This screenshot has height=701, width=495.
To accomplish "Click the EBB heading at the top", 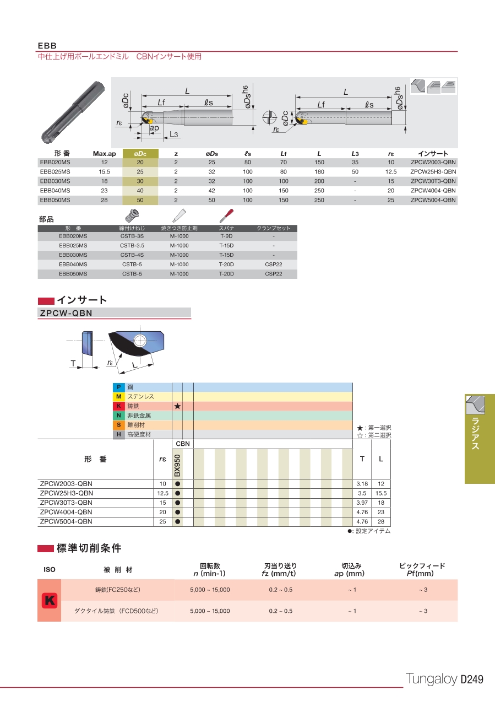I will tap(47, 45).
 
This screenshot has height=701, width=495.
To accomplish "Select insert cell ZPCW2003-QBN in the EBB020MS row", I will tap(433, 163).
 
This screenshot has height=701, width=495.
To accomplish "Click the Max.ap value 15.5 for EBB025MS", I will tap(104, 172).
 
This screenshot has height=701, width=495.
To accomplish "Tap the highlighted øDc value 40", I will tap(140, 191).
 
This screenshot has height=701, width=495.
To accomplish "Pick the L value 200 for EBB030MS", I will tap(319, 181).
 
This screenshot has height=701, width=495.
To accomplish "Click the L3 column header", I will tap(355, 153).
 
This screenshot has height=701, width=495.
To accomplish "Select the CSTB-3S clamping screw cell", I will tap(132, 236).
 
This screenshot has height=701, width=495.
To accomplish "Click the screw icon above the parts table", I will tap(132, 215).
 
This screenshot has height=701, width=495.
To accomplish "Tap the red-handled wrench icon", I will tap(226, 215).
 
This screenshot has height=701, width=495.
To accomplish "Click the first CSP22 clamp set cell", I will tap(273, 265).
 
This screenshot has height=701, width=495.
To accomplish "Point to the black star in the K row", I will tap(177, 406).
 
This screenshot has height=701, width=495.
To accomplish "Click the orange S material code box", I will tap(119, 425).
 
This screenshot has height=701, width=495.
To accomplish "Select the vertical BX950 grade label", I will tap(177, 466).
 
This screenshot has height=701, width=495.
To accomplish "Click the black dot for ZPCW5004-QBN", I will tap(177, 521).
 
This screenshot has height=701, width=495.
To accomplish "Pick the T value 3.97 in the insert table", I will tap(362, 503).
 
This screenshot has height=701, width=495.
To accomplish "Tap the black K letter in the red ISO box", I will tap(50, 601).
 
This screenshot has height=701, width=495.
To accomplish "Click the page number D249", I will tap(471, 680).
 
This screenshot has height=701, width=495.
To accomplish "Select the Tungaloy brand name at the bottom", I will tap(431, 680).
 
